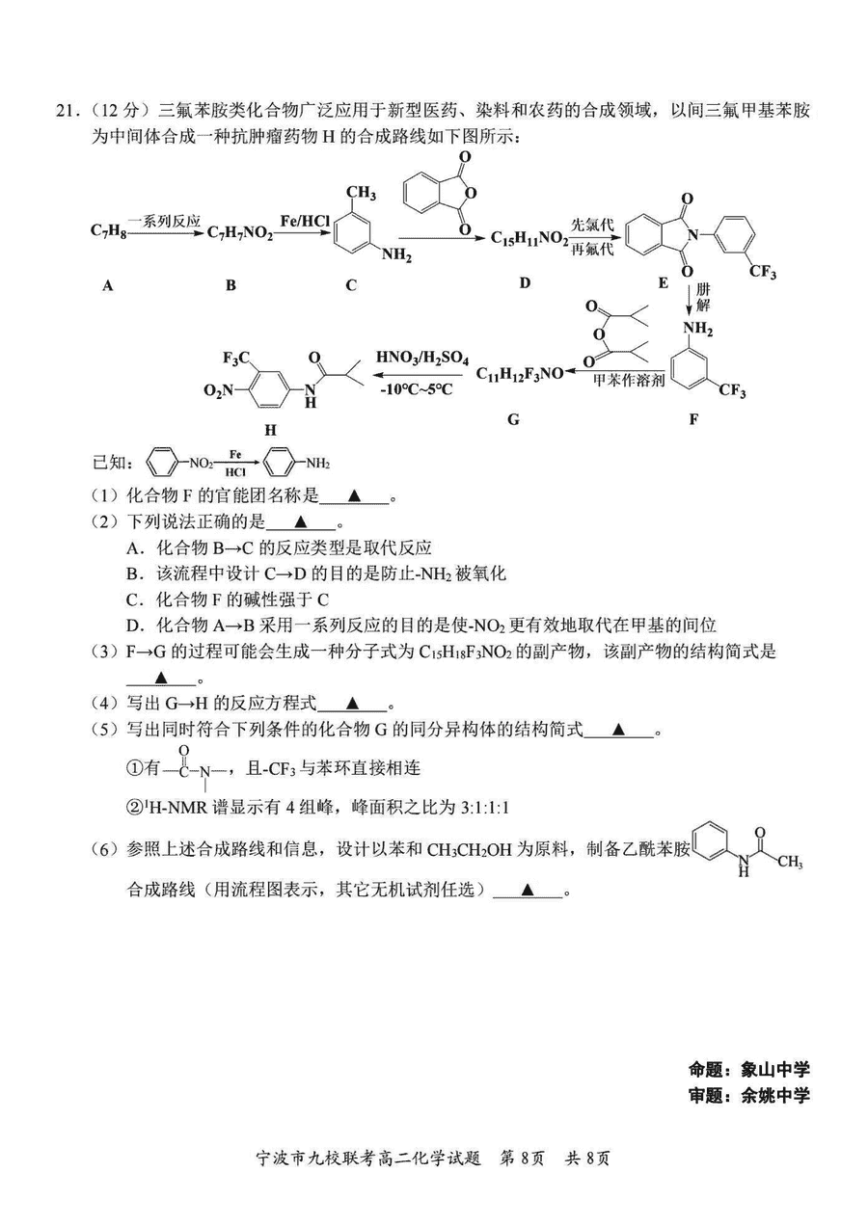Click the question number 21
coord(65,111)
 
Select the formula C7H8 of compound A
coord(108,231)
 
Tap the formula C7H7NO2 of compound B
coord(240,233)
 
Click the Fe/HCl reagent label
coord(305,221)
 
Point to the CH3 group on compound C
coord(361,193)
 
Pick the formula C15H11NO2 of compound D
coord(529,239)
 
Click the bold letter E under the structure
coord(664,282)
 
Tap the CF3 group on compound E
coord(762,271)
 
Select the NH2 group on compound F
coord(697,330)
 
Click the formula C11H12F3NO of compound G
coord(520,374)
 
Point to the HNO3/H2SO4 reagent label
coord(422,359)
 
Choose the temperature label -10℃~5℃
coord(417,389)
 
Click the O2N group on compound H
coord(218,390)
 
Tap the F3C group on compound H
coord(236,359)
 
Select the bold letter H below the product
coord(271,430)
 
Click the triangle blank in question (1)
coord(354,495)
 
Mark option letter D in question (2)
coord(132,625)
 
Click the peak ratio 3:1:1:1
coord(485,808)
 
